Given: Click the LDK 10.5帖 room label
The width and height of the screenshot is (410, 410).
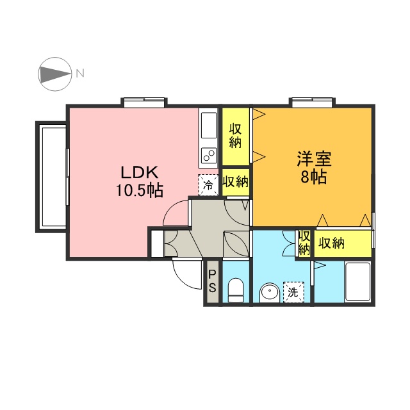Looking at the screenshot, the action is [x=140, y=181].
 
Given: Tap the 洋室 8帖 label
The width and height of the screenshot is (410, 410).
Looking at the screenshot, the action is [x=314, y=167].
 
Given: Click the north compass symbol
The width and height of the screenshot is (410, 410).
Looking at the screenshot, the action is [x=54, y=74].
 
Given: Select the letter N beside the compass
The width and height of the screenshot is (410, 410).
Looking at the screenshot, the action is [x=80, y=73].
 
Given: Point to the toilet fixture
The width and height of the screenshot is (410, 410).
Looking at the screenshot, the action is [x=235, y=290].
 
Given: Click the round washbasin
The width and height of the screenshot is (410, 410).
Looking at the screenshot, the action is [x=270, y=293].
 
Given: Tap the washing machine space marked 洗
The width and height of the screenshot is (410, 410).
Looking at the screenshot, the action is [x=293, y=292].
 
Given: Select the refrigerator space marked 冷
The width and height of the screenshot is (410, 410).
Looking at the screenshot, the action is [x=208, y=185].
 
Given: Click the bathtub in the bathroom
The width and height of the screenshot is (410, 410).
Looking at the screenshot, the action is [x=357, y=282].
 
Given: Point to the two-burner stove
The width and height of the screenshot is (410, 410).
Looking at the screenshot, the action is [x=209, y=155].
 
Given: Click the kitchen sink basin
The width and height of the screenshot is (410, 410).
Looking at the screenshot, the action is [x=209, y=126].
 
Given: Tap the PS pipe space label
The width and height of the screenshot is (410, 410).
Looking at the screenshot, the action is [x=212, y=281].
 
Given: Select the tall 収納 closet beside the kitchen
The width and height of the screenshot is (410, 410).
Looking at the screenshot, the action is [x=235, y=136].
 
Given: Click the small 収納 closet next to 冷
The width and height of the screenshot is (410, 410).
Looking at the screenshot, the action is [x=235, y=182].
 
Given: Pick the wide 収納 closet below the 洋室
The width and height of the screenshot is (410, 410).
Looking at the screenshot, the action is [x=343, y=243].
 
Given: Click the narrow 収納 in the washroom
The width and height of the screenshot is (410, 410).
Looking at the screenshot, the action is [x=304, y=243].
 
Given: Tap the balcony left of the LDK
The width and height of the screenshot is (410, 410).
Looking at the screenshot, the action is [x=51, y=177].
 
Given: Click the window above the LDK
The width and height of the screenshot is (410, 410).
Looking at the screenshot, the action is [x=143, y=102].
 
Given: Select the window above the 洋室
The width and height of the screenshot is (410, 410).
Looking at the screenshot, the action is [x=312, y=102].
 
